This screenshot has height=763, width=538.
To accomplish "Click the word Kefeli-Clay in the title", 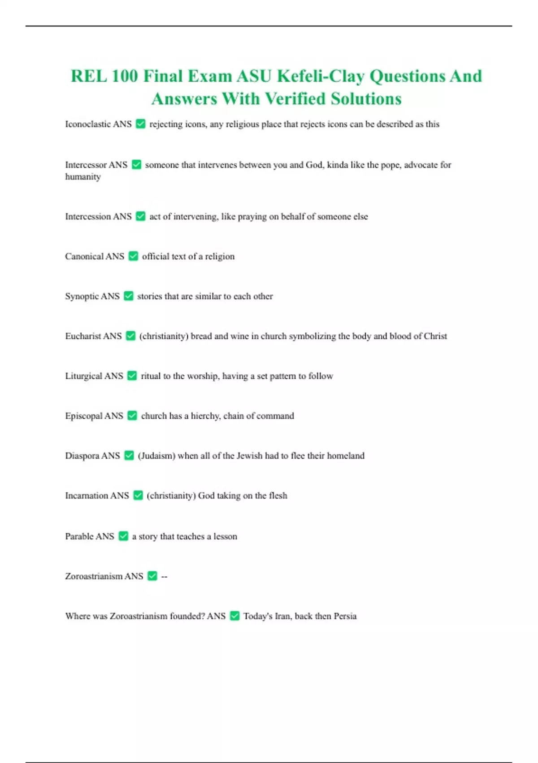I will click(x=320, y=76).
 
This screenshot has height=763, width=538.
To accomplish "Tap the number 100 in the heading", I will click(x=125, y=76).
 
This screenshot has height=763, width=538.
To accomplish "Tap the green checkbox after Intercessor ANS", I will click(x=136, y=165).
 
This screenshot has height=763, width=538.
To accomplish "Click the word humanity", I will click(x=83, y=177).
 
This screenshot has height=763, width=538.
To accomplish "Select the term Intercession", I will click(x=87, y=216).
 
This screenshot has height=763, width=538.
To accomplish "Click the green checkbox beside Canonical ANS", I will click(x=133, y=256).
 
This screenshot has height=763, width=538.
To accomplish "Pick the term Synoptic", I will click(x=82, y=296).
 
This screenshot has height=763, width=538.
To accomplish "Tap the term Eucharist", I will click(x=83, y=336).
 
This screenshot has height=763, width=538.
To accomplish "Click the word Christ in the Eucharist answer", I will click(x=435, y=336).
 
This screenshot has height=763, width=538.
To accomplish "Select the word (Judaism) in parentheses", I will click(x=156, y=456).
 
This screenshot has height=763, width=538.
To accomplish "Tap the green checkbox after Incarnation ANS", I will click(x=138, y=496).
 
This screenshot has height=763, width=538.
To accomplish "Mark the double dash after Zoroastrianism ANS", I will click(x=164, y=576).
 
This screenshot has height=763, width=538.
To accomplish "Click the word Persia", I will click(x=345, y=616).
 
